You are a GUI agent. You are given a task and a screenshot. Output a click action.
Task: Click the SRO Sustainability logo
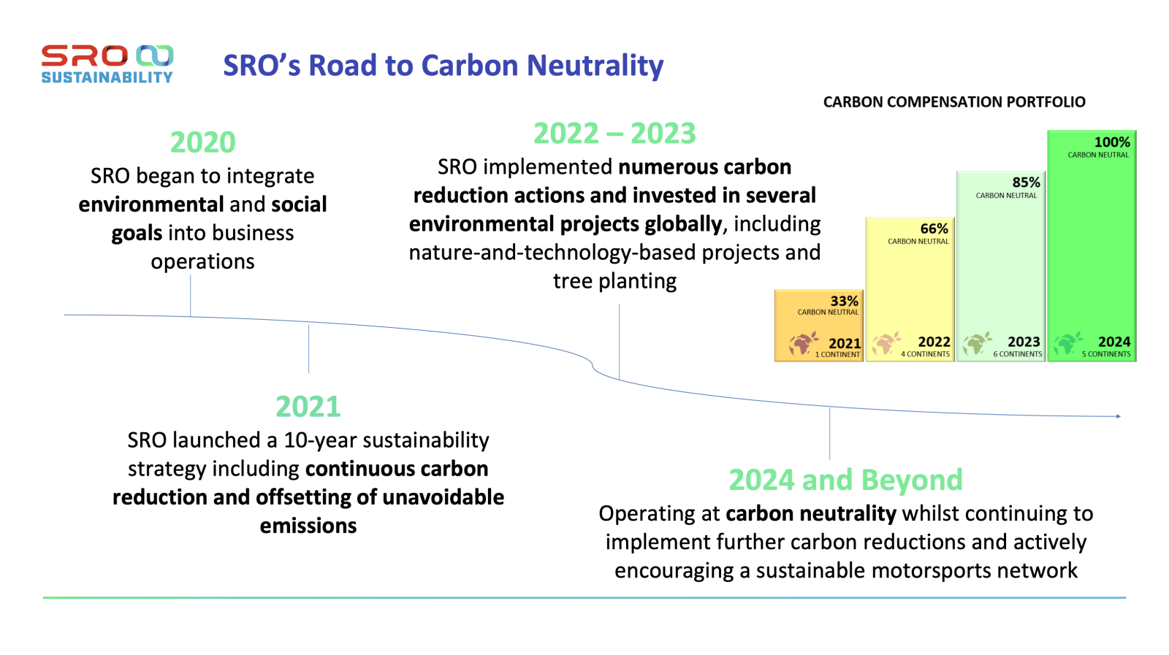click(x=107, y=64)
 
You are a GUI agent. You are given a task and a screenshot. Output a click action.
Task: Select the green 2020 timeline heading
click(x=202, y=142)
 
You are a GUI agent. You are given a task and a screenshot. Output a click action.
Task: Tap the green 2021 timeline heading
click(x=308, y=407)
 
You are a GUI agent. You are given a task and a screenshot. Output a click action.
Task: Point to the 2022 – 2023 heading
click(x=614, y=134)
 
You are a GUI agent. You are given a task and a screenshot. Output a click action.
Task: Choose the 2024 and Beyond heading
click(x=845, y=480)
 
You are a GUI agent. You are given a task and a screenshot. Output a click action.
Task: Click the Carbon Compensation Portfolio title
click(x=954, y=102)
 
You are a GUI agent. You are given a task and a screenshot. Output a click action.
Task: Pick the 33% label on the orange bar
click(x=844, y=301)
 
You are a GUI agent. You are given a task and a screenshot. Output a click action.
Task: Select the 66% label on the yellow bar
click(x=934, y=229)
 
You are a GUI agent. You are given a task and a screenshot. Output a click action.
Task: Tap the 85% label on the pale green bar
click(x=1026, y=182)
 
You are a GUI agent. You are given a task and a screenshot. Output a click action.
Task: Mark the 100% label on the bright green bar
click(x=1111, y=142)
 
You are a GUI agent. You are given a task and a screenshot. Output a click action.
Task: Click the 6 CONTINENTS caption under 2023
click(x=1017, y=354)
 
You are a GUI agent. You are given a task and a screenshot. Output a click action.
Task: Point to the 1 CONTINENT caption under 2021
click(x=837, y=354)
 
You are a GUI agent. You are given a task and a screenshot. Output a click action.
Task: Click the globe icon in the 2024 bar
click(x=1067, y=342)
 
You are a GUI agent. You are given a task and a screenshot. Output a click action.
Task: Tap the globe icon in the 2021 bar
click(x=802, y=343)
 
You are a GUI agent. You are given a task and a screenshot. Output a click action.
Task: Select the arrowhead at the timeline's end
click(x=1118, y=416)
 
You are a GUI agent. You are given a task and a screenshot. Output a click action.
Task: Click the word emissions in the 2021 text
click(x=308, y=526)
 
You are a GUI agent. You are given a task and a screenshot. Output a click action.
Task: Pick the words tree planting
click(x=614, y=281)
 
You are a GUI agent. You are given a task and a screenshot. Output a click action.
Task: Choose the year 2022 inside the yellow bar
click(x=934, y=342)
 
